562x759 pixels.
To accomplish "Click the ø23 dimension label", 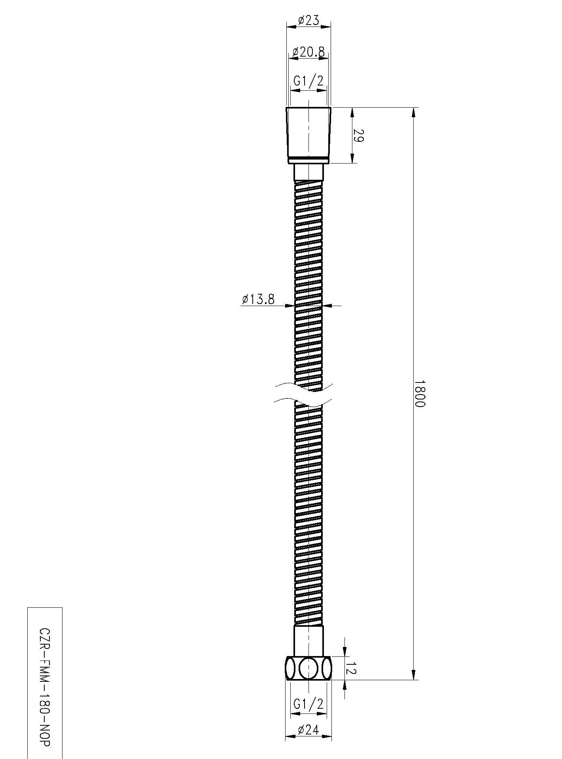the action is pyautogui.click(x=308, y=20).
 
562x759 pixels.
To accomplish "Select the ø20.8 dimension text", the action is pyautogui.click(x=308, y=51).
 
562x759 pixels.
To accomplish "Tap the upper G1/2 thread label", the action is pyautogui.click(x=308, y=81).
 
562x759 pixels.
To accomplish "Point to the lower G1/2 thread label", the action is pyautogui.click(x=308, y=704).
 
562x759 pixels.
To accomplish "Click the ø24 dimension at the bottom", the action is pyautogui.click(x=308, y=730).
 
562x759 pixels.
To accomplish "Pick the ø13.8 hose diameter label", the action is pyautogui.click(x=258, y=299).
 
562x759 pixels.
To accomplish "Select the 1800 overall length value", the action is pyautogui.click(x=420, y=394).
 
